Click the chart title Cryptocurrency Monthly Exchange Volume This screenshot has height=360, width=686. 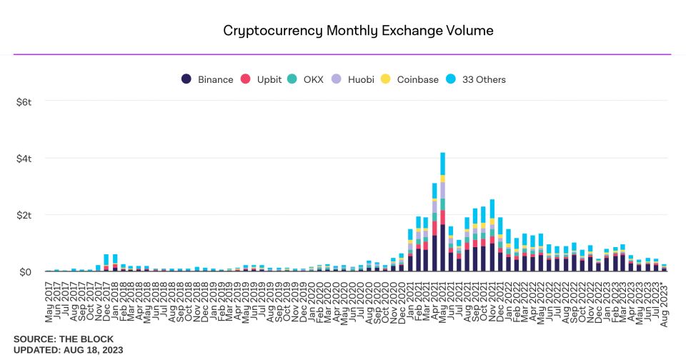(x=358, y=31)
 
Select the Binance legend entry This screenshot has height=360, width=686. (x=207, y=79)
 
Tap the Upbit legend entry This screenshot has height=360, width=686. (x=264, y=79)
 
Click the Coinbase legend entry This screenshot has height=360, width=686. (x=410, y=79)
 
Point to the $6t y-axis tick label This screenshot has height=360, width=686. (x=24, y=102)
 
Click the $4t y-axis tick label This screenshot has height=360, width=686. (x=24, y=159)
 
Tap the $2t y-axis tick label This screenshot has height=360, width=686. (x=24, y=215)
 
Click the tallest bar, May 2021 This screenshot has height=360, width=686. (x=443, y=214)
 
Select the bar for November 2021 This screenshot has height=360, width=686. (x=492, y=236)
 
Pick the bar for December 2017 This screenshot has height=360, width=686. (x=106, y=263)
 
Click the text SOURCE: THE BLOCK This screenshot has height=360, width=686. (x=63, y=339)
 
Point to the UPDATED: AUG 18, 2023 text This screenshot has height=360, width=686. (x=68, y=349)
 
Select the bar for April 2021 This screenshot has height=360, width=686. (x=434, y=229)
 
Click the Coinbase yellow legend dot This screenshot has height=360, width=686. (x=385, y=79)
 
